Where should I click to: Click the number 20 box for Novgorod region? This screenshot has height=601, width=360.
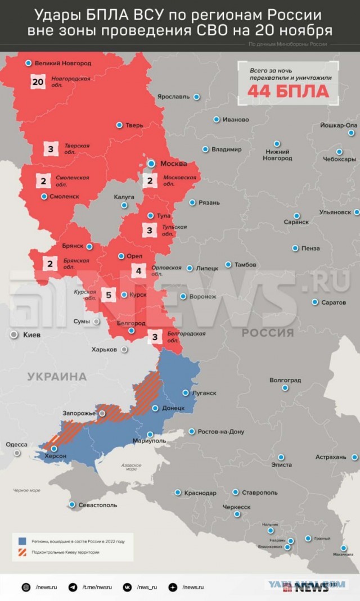38,82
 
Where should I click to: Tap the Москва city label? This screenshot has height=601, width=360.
174,164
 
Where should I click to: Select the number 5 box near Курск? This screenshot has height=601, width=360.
109,294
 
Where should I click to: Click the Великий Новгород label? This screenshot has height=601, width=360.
62,64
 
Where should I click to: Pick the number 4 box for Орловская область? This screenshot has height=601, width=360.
139,270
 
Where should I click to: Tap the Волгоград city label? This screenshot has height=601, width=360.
285,380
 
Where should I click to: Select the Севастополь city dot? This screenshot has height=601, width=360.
72,504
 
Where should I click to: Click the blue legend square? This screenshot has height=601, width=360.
22,541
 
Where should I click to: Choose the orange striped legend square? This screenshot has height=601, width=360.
22,552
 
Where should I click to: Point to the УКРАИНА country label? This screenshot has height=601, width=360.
57,377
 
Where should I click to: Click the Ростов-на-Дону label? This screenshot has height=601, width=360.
220,432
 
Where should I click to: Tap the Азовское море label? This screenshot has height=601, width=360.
131,467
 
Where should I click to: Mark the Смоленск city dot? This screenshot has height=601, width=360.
44,196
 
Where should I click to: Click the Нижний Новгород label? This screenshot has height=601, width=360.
277,155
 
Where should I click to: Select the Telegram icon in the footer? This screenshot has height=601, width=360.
73,587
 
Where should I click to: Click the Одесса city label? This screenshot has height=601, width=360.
16,445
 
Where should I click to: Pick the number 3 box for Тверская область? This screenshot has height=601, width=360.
51,149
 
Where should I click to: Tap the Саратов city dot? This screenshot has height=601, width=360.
314,302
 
